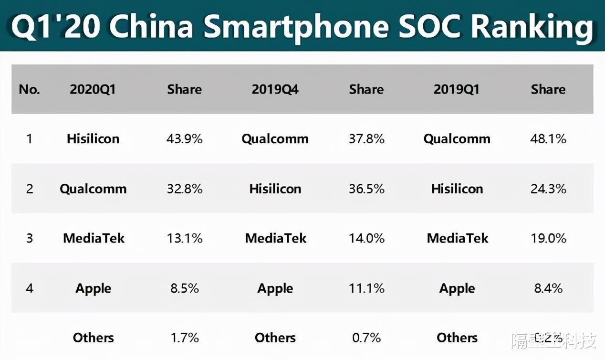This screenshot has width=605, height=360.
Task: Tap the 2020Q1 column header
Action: point(93,89)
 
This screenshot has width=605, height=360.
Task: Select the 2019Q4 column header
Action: point(275,89)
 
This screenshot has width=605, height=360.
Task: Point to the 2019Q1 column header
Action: point(456,89)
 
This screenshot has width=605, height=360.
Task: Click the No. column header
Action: point(29,89)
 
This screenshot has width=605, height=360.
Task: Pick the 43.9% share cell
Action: point(184,139)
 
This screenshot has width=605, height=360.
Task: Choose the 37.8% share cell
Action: point(366,139)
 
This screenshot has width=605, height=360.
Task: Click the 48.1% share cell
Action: point(548,139)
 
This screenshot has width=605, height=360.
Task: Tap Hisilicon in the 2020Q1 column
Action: point(93,139)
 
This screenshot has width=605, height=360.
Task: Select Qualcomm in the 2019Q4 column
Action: point(275,139)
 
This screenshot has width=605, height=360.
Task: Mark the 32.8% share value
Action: point(184,189)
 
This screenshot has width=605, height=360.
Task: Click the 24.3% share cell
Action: point(548,189)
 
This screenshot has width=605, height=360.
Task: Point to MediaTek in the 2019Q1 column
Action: point(457,238)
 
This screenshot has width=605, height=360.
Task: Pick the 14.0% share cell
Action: point(366,238)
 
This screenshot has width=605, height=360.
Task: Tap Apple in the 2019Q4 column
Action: point(275,288)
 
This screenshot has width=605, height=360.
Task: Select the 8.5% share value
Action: point(184,288)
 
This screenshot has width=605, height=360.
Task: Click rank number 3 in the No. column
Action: point(29,238)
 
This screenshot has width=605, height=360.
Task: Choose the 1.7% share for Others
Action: point(184,338)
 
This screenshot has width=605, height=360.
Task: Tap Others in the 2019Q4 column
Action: point(275,338)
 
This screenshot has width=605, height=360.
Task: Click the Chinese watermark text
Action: point(553,340)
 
